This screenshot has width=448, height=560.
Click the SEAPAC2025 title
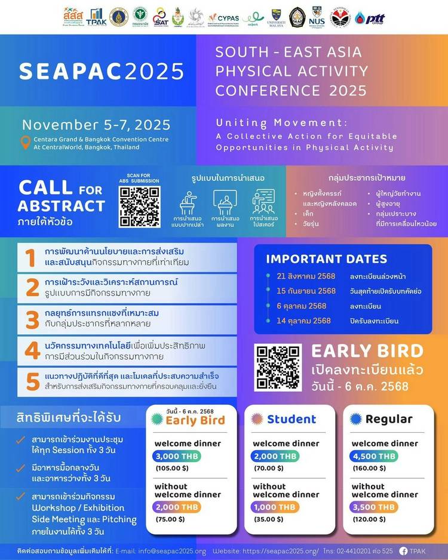tap(102, 71)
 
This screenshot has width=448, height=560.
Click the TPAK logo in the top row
tap(95, 17)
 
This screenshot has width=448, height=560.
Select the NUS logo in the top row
tap(317, 17)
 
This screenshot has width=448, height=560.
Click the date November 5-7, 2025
tap(96, 125)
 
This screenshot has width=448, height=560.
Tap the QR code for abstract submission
tap(139, 207)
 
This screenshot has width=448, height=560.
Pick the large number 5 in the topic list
tap(32, 380)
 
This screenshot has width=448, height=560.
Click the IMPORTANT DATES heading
tap(326, 259)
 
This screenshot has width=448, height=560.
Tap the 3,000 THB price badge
tap(177, 456)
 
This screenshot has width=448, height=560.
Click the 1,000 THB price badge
tap(275, 507)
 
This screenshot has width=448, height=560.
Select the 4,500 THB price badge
tap(374, 456)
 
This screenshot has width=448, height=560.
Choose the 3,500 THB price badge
tap(374, 507)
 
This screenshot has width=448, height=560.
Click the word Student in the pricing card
tap(291, 419)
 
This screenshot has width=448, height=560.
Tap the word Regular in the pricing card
tap(389, 419)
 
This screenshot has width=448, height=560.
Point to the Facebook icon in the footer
tap(403, 550)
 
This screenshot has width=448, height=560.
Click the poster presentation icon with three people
tap(263, 202)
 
